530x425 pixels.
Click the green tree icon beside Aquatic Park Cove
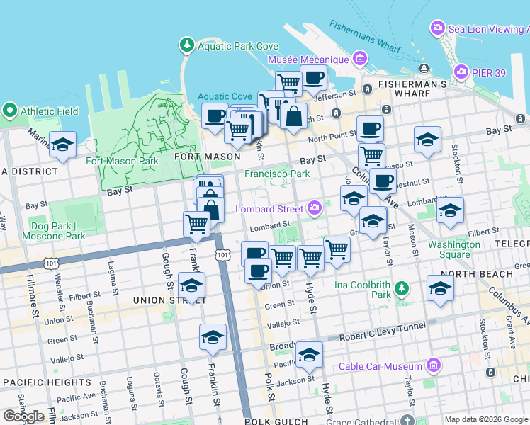click(187, 45)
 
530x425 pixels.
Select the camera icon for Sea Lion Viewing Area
click(438, 29)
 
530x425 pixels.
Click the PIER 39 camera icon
click(462, 72)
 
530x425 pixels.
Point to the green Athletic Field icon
click(10, 110)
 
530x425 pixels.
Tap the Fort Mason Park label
click(122, 161)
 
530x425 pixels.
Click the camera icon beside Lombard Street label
click(315, 208)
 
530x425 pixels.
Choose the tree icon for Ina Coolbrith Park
click(402, 288)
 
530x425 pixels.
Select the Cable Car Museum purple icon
click(434, 365)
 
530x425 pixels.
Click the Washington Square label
click(453, 249)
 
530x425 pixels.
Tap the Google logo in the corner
click(23, 416)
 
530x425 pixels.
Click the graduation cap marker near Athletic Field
click(62, 144)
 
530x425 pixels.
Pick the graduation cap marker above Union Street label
click(191, 285)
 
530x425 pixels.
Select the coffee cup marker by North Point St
click(370, 129)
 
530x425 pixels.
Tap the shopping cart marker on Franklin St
click(197, 224)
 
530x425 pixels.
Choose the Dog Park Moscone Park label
click(53, 230)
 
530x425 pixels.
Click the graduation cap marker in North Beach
click(440, 288)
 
